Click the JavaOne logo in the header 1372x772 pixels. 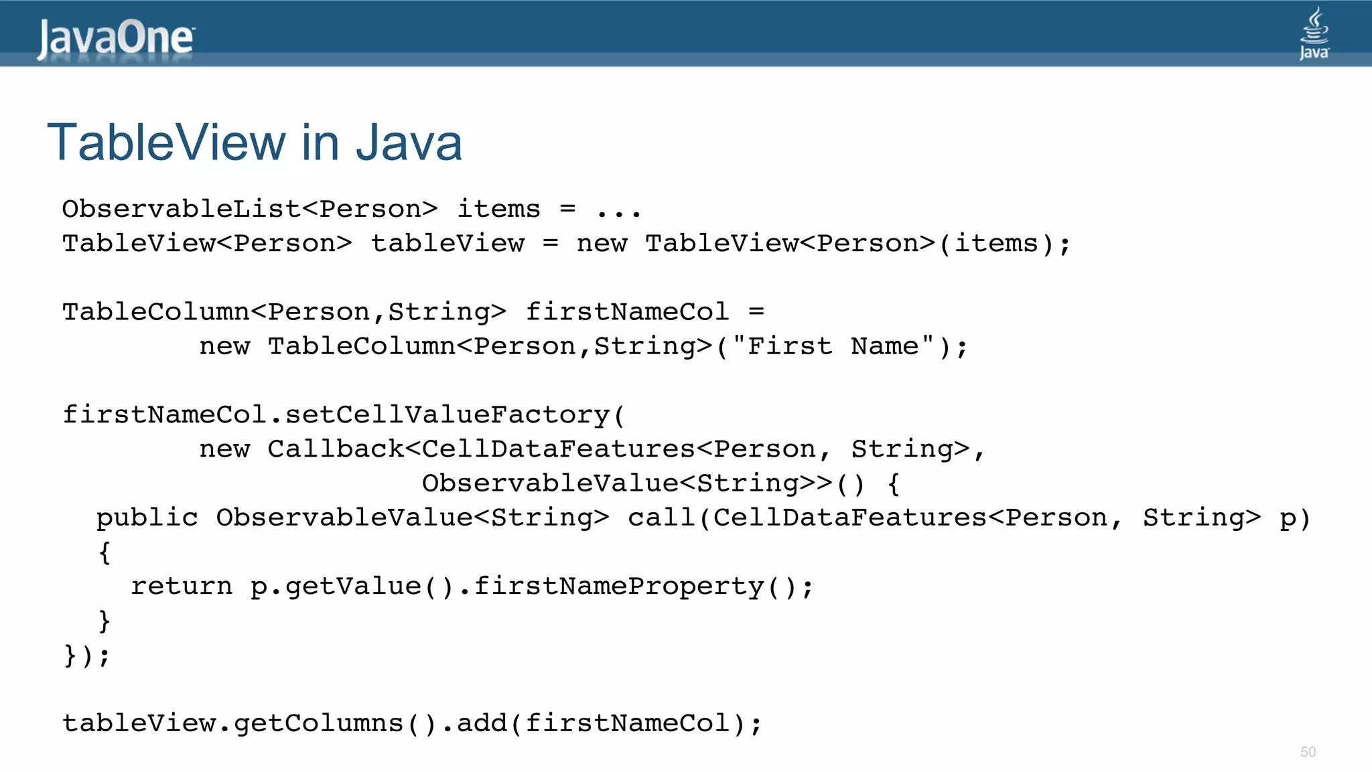click(x=115, y=38)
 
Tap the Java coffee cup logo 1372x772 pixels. click(x=1314, y=33)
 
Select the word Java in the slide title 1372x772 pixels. click(x=409, y=143)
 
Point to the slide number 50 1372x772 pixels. click(x=1308, y=752)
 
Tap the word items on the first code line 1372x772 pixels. click(x=498, y=209)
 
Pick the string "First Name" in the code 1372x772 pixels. click(x=833, y=346)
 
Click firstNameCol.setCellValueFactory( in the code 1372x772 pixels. click(x=343, y=415)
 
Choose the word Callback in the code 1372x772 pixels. click(x=335, y=449)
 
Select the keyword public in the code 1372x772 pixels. click(x=147, y=518)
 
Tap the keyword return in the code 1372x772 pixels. click(x=181, y=587)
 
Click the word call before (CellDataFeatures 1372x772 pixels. click(x=661, y=518)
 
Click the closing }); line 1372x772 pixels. click(x=86, y=655)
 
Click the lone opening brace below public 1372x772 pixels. click(x=104, y=553)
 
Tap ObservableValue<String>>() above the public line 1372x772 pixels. click(x=643, y=483)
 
